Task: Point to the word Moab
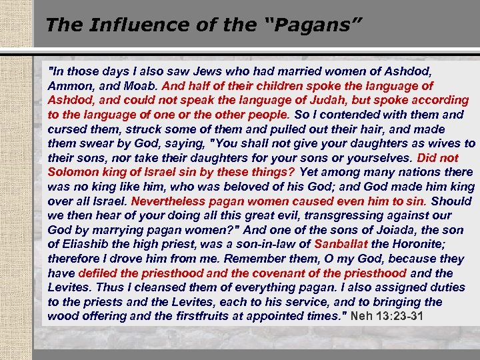139,86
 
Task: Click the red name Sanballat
341,244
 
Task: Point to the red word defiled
97,273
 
